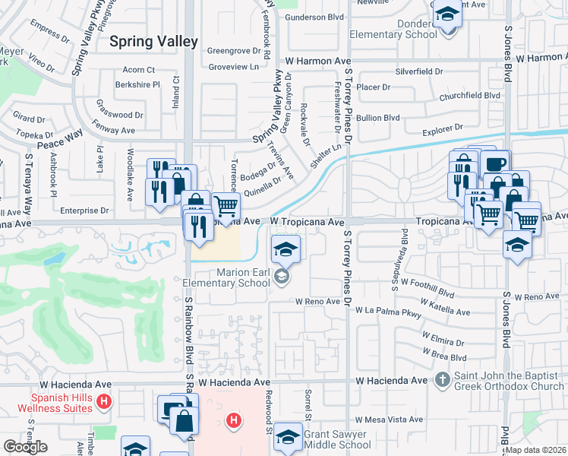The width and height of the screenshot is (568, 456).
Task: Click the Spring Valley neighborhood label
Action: [x=153, y=42]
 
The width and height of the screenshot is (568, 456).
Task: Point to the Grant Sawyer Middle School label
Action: [x=337, y=441]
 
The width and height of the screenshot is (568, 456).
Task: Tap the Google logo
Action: [x=26, y=446]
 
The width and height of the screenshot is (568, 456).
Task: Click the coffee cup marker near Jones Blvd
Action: [x=495, y=163]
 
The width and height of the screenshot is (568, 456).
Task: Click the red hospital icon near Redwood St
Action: [x=235, y=420]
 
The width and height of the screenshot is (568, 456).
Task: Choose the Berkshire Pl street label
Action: [x=137, y=85]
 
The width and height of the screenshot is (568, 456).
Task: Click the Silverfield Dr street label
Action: [x=418, y=71]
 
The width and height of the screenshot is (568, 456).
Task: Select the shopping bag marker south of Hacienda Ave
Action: [x=185, y=420]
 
